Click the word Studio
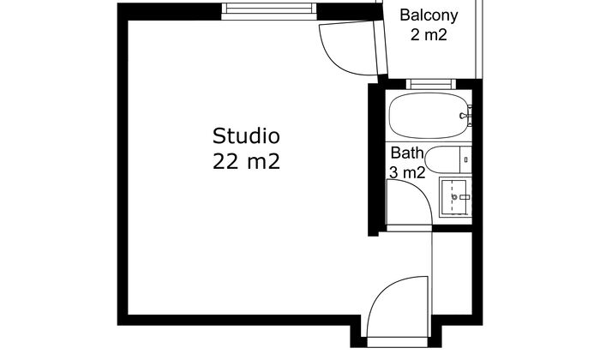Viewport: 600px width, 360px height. point(246,136)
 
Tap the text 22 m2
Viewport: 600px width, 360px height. point(246,161)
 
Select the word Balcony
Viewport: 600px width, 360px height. point(429,15)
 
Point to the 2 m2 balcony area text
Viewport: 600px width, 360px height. point(429,35)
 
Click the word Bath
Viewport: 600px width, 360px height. point(407,153)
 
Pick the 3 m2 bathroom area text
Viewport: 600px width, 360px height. point(407,172)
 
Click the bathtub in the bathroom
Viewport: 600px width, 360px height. point(429,116)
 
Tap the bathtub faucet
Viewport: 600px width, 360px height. point(466,115)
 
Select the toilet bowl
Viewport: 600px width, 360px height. point(442,159)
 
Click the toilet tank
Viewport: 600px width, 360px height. point(465,159)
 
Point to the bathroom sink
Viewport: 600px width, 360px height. point(454,197)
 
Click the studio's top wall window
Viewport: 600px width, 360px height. point(269,11)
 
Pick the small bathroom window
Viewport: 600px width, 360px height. point(431,84)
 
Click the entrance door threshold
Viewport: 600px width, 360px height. point(398,342)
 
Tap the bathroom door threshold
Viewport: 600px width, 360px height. point(409,228)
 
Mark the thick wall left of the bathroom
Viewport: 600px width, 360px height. point(373,159)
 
